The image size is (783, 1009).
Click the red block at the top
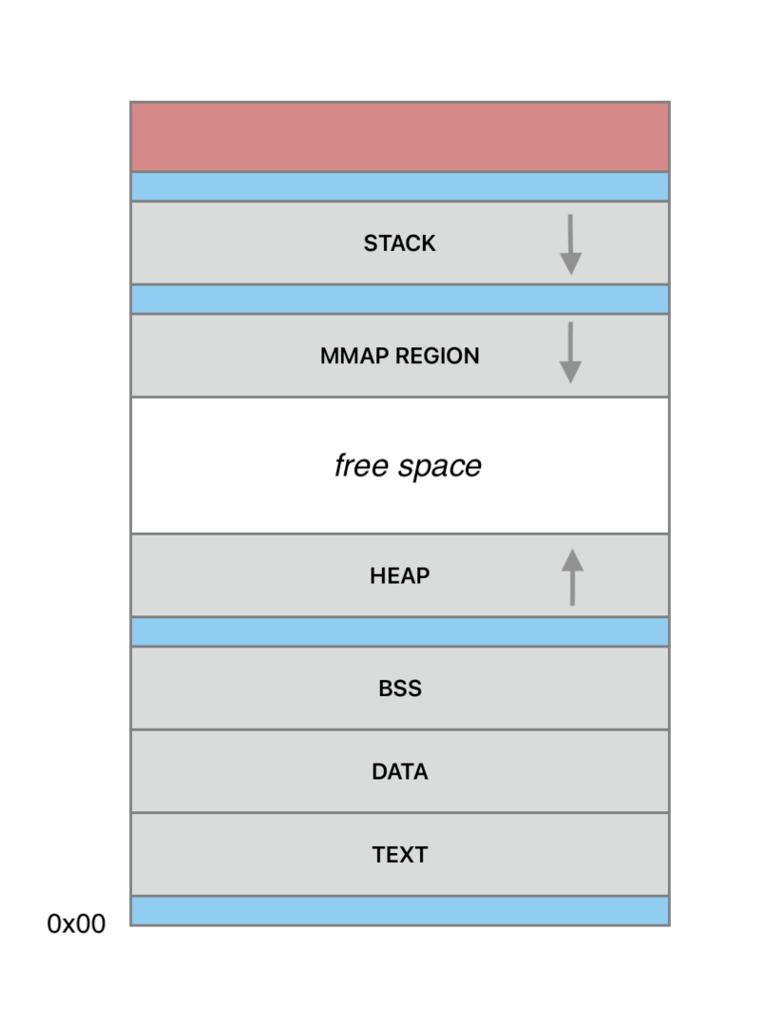click(x=399, y=137)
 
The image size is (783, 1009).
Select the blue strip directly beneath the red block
click(x=399, y=186)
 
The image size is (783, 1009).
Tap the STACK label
click(x=399, y=243)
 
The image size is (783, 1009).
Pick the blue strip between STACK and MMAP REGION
click(x=399, y=300)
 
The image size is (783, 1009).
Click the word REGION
click(x=436, y=357)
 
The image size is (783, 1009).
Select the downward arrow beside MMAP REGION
click(x=570, y=353)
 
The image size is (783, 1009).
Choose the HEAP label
click(x=399, y=575)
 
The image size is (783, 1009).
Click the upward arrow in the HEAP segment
click(x=572, y=577)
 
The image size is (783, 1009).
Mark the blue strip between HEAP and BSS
click(x=399, y=631)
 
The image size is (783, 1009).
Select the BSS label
click(x=399, y=689)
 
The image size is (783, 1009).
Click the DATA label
click(x=399, y=771)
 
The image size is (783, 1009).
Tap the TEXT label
click(x=399, y=854)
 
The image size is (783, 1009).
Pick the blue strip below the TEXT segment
click(x=399, y=910)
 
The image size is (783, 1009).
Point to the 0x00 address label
click(x=76, y=923)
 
